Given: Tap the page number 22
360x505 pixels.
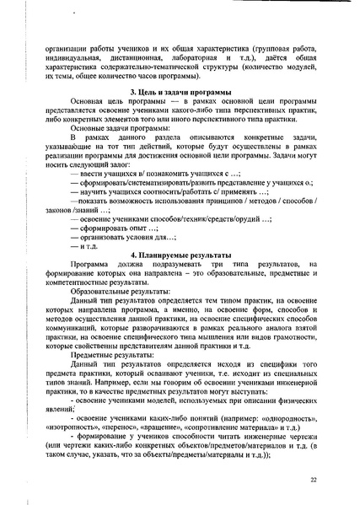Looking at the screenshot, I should (313, 480).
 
